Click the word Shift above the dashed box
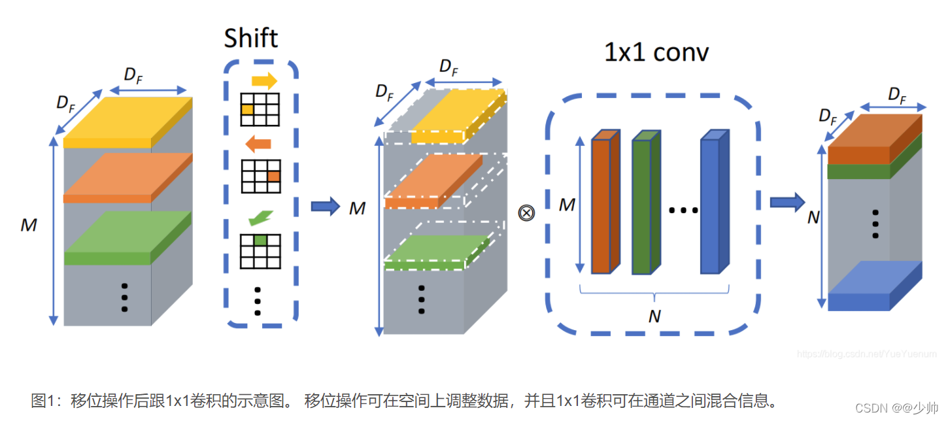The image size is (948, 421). [251, 38]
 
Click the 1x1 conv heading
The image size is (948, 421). [656, 52]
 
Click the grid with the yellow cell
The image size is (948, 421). [260, 109]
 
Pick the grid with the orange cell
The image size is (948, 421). [260, 176]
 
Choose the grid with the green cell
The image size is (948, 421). [260, 251]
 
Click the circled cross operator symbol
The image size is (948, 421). [526, 212]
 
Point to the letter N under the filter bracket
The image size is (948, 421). [654, 316]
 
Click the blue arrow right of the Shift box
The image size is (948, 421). [325, 207]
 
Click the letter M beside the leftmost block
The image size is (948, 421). [28, 226]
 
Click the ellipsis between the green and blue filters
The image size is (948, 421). [684, 210]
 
